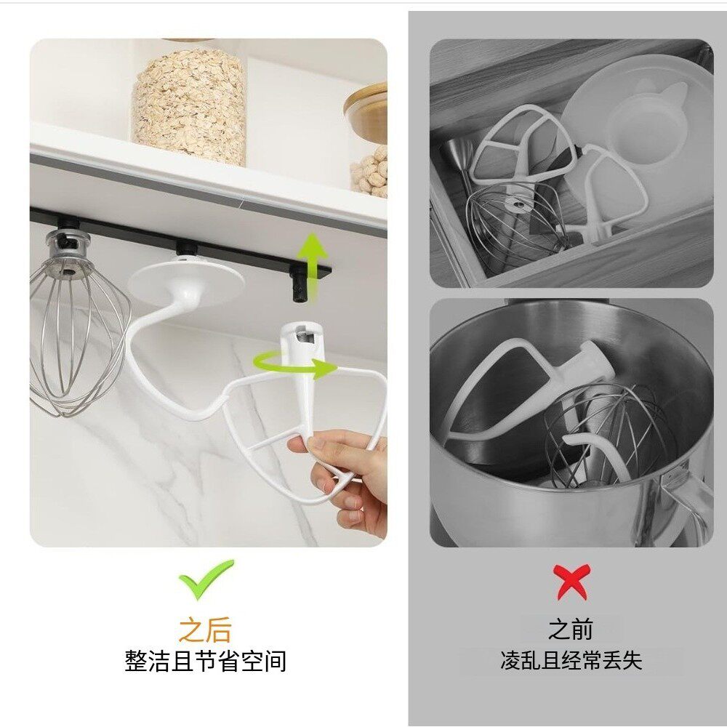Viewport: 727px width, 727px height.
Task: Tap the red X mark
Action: pos(571,582)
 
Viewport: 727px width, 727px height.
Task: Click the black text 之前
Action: pos(571,629)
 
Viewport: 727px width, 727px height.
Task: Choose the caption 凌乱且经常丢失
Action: pos(571,660)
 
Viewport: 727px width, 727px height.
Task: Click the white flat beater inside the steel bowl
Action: pos(502,385)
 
